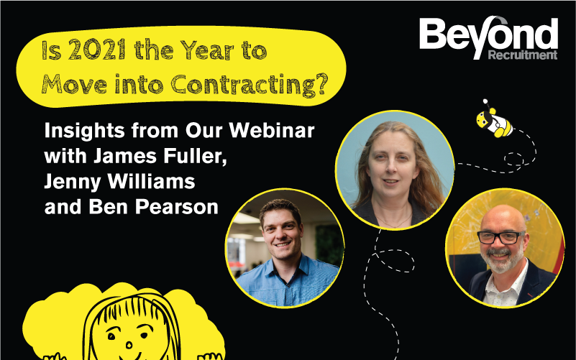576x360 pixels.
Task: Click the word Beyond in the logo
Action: click(488, 36)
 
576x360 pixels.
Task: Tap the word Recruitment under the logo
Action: click(523, 55)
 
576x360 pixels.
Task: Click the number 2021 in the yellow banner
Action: click(97, 50)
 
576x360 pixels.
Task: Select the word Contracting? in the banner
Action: click(249, 85)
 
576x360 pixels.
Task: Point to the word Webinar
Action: click(272, 130)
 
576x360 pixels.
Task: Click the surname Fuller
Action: click(195, 156)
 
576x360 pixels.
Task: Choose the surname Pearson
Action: click(177, 207)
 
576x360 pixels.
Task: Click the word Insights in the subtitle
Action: click(85, 131)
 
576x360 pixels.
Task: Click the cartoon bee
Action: click(494, 119)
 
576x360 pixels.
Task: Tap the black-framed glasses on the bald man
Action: click(501, 237)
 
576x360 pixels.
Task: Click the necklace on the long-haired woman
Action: click(394, 221)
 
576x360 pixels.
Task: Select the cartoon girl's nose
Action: click(129, 345)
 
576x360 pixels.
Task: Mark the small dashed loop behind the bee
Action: click(513, 160)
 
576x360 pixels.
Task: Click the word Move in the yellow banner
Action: click(74, 85)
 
